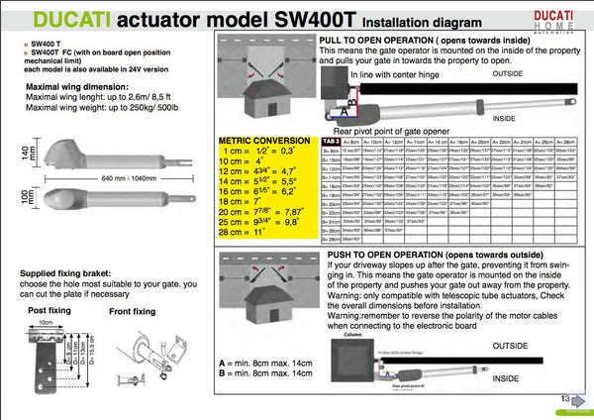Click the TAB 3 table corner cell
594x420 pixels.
click(x=332, y=141)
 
